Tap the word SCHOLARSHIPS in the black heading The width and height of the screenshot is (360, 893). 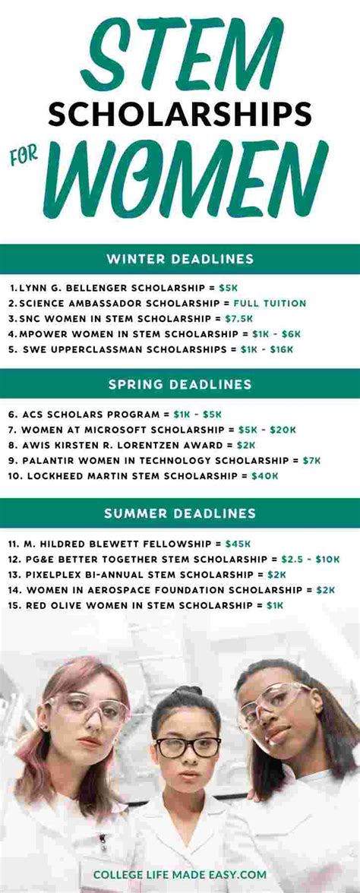point(180,114)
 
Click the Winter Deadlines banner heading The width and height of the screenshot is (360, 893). point(180,259)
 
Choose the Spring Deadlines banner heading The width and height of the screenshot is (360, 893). point(180,384)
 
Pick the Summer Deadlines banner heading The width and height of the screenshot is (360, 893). point(180,513)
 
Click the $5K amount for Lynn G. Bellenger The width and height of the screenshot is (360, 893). point(229,289)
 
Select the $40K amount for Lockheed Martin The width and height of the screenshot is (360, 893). point(265,475)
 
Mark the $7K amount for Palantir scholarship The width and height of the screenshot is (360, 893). point(311,460)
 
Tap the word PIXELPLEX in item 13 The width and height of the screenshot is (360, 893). point(54,574)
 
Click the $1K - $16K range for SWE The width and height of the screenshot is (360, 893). point(271,349)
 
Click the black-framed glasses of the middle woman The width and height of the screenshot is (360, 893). point(188,747)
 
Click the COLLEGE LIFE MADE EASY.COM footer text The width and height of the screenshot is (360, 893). point(180,875)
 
